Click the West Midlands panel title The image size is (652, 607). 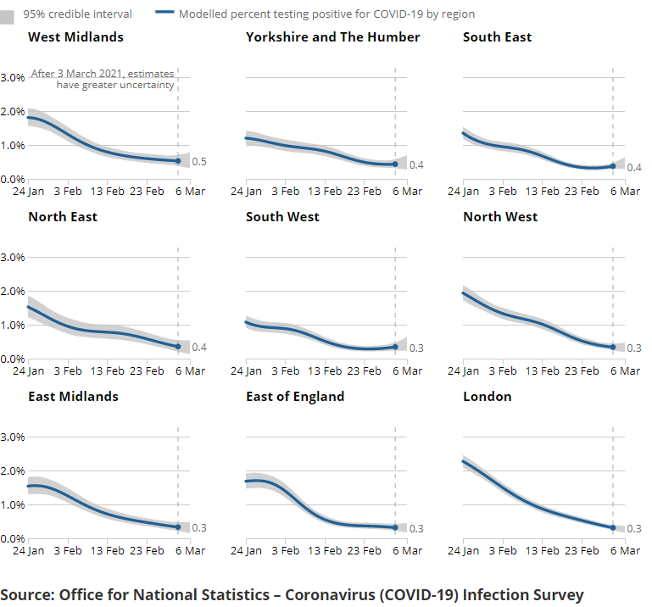[x=75, y=37]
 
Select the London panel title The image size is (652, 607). [x=487, y=397]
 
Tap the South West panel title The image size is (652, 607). [x=282, y=217]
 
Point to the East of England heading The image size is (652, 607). [x=295, y=397]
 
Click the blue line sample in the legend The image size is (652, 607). [x=165, y=14]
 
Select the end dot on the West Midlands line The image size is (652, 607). [x=178, y=161]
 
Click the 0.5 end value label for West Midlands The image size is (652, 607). [x=199, y=162]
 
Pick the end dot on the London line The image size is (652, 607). [x=613, y=528]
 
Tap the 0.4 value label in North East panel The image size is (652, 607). [x=199, y=348]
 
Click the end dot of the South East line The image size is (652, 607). [x=613, y=166]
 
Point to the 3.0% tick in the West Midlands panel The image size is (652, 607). [x=13, y=77]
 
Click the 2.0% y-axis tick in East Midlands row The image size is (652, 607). [x=13, y=471]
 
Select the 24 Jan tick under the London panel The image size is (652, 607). [x=463, y=551]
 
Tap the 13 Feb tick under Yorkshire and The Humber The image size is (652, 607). [x=325, y=192]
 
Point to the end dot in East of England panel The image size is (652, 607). [x=395, y=528]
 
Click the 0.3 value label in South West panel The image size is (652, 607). [x=416, y=348]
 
